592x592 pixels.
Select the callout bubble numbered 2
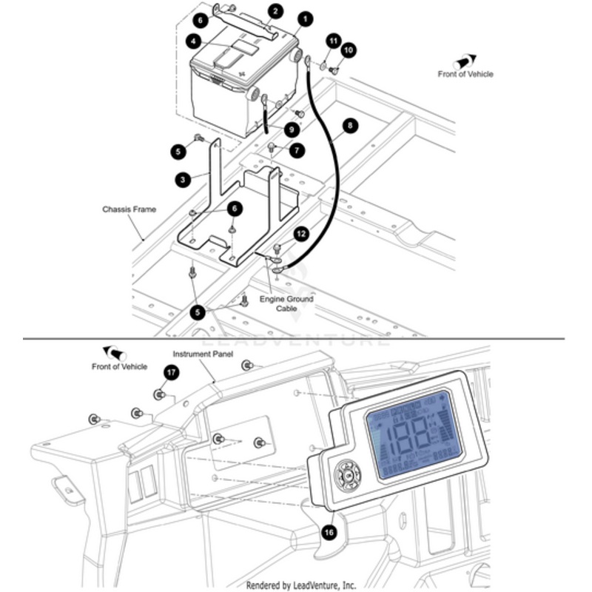pos(275,11)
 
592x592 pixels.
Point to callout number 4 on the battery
pos(192,41)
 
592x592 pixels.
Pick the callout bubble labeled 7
pos(297,150)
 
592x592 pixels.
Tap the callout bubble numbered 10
pos(349,50)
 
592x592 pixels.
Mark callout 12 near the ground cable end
pos(300,234)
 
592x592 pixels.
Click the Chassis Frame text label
pos(129,209)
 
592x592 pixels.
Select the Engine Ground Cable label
pos(286,303)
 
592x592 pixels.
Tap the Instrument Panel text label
pos(203,354)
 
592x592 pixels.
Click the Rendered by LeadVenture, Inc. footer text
pos(301,585)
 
